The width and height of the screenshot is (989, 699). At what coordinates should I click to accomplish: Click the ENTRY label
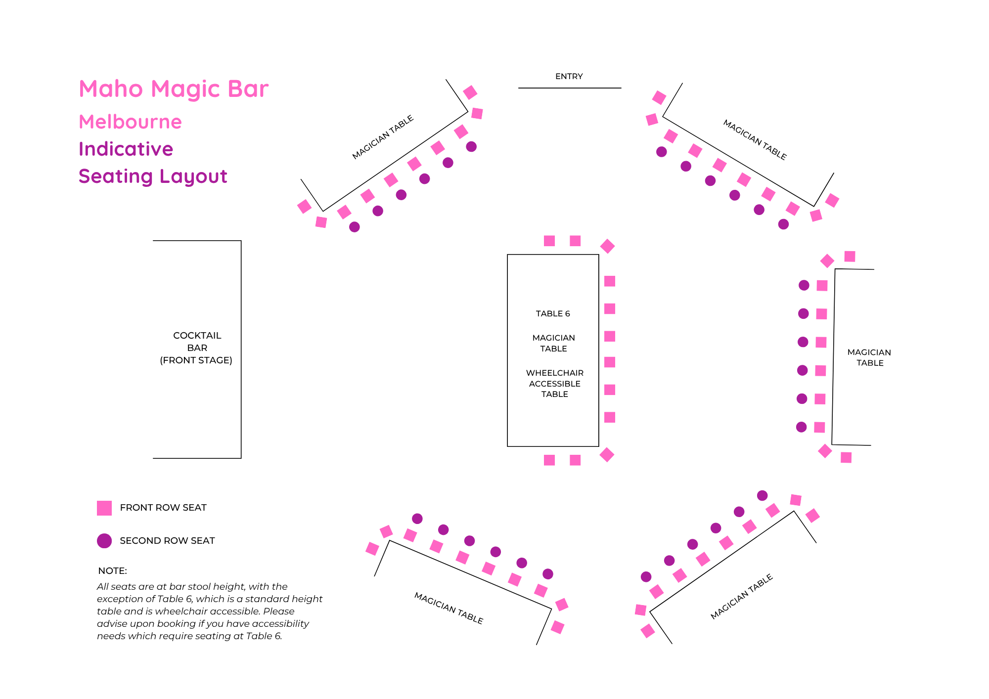point(569,77)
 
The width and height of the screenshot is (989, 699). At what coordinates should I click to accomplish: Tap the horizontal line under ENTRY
point(569,88)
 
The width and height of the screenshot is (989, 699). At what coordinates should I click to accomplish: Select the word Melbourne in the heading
point(130,122)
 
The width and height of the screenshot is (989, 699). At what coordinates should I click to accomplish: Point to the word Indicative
point(126,149)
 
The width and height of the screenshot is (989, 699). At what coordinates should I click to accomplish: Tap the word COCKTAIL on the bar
point(197,336)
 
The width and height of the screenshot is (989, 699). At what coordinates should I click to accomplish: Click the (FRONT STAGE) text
point(196,360)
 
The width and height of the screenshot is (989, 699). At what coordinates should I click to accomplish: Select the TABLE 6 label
point(553,314)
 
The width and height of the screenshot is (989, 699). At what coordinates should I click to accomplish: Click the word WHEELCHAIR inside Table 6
point(554,373)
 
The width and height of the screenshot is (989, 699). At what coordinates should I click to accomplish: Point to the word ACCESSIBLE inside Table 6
point(554,384)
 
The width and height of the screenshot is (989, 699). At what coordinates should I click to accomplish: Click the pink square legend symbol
point(104,508)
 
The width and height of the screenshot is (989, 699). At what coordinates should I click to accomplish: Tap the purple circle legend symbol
point(104,541)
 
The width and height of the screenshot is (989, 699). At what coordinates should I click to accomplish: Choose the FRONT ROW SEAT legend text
point(163,508)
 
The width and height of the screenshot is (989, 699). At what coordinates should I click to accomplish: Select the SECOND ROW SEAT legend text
point(167,541)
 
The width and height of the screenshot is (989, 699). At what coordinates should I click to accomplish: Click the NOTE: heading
point(112,571)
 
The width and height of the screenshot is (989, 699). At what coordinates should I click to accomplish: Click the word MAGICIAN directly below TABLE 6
point(553,338)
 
